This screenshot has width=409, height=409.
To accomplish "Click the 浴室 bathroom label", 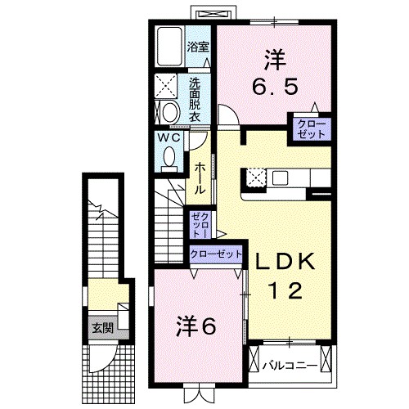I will point(196,46).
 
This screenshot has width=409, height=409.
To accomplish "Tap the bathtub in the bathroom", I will point(170,47).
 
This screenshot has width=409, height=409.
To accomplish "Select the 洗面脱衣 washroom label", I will point(196,99).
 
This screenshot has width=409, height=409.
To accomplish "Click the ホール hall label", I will point(199,178).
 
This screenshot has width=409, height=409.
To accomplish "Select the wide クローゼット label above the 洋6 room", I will point(216,254).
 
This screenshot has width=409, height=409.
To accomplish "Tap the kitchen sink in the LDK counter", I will point(283,178).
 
